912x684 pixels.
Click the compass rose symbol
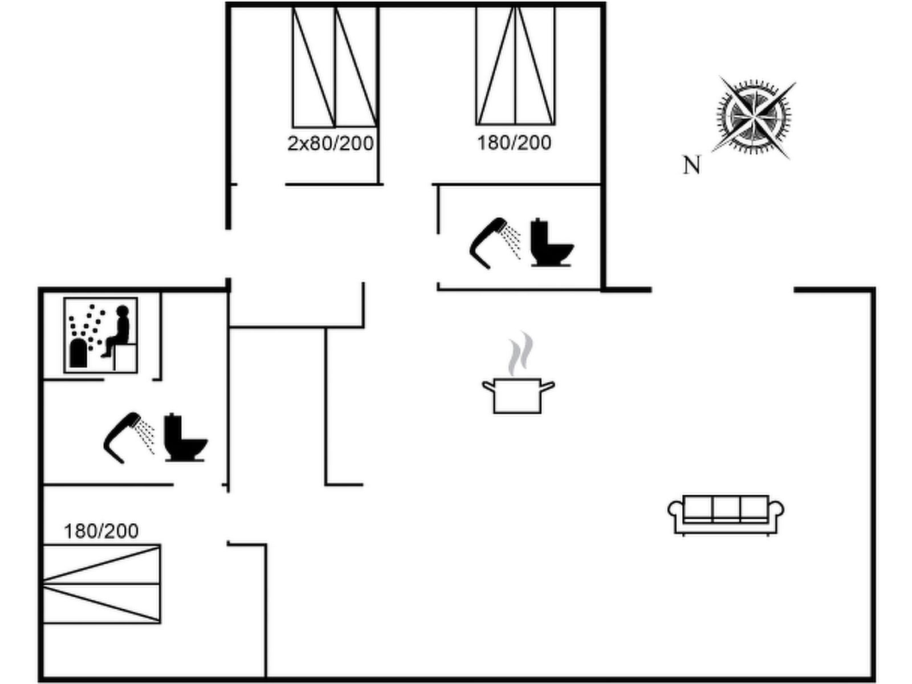pos(754,118)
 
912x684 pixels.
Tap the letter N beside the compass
pos(691,165)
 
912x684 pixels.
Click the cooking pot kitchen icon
pos(518,395)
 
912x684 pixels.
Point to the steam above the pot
pos(521,353)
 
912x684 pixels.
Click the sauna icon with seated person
pos(101,335)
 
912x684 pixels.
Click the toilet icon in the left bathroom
pos(184,438)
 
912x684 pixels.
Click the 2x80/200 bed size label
pos(330,143)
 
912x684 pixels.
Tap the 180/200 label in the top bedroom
pos(514,142)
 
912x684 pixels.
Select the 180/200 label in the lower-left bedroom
pos(101,531)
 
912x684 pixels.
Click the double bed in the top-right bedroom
pos(515,66)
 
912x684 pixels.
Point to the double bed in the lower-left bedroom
pos(101,584)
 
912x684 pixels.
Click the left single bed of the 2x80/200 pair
pos(313,67)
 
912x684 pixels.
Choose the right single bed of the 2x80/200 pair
pos(356,67)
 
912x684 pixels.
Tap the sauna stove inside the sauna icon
pos(78,353)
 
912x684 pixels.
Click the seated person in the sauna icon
pos(118,331)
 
